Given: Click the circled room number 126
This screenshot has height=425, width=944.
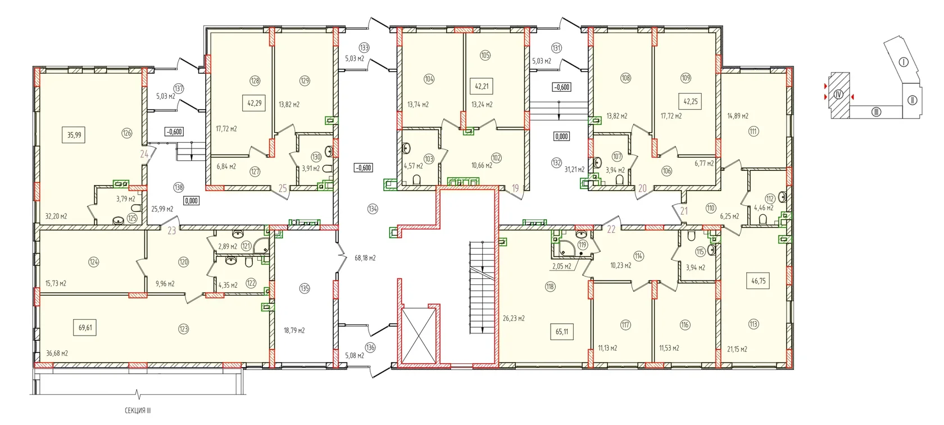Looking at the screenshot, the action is (x=126, y=133).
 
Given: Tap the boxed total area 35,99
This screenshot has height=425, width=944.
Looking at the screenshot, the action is (x=74, y=135).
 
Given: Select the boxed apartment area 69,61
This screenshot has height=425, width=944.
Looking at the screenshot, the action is (x=85, y=327).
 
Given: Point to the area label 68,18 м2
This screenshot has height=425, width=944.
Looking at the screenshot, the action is (x=365, y=258).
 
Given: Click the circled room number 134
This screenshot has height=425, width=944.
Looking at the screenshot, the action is (x=373, y=209).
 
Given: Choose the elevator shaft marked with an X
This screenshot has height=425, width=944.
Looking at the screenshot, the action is (x=418, y=335).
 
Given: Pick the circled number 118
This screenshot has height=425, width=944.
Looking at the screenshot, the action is (x=550, y=287).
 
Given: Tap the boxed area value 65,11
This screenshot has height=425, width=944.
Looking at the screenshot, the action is (x=562, y=332).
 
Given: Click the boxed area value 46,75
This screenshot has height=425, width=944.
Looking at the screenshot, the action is (x=758, y=281).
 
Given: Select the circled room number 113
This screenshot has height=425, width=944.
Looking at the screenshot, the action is (x=754, y=324).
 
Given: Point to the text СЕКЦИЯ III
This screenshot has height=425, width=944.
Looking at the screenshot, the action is (x=138, y=410).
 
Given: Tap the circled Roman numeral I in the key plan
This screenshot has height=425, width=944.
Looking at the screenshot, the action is (x=903, y=62).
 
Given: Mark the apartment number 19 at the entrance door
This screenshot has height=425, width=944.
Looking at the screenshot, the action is (x=515, y=188).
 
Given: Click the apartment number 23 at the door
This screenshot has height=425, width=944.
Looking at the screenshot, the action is (x=171, y=230).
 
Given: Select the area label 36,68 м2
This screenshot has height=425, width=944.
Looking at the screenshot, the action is (x=57, y=353).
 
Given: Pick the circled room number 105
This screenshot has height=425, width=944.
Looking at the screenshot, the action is (x=485, y=55).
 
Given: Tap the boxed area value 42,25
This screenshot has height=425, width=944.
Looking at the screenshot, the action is (x=690, y=101).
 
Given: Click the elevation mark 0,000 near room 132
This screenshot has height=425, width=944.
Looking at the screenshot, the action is (x=561, y=137).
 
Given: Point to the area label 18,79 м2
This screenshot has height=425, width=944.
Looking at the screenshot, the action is (x=294, y=331).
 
